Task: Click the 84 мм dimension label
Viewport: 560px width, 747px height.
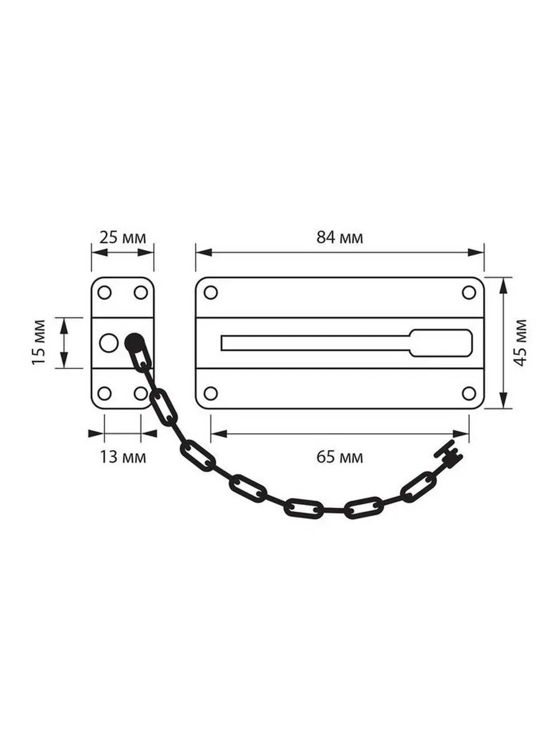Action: pos(339,238)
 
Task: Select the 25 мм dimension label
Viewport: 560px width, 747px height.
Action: pos(123,238)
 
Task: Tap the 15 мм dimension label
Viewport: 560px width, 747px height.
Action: pos(39,342)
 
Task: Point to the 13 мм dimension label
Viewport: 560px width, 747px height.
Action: pos(123,457)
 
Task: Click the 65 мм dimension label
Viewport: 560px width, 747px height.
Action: pos(339,457)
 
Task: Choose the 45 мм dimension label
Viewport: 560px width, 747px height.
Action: pos(520,343)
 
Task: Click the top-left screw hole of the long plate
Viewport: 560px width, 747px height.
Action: pos(211,293)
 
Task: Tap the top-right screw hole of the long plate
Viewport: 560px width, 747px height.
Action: pos(469,293)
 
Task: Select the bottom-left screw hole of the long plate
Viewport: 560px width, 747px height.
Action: pos(211,393)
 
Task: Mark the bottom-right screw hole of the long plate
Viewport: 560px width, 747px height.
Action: pos(469,393)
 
